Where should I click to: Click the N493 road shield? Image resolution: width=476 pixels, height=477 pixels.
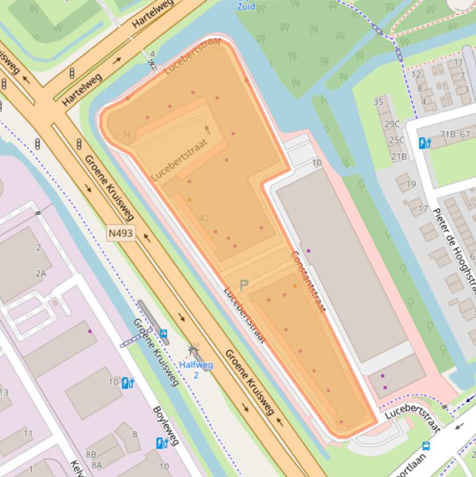click(121, 234)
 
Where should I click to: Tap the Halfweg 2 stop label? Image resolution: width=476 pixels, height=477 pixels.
click(196, 369)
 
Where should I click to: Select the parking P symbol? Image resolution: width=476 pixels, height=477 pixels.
click(244, 285)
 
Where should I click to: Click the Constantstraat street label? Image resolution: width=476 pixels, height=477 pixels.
click(308, 281)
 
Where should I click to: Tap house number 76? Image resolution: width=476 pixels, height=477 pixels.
click(128, 135)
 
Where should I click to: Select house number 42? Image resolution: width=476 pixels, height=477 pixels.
click(204, 218)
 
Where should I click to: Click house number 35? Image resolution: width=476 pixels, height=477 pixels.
click(378, 102)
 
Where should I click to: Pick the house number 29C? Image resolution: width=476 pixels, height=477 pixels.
click(392, 124)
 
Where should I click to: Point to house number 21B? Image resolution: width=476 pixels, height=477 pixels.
click(399, 156)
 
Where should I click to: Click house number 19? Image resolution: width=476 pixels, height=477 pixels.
click(410, 185)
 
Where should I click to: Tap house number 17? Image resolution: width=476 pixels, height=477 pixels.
click(423, 209)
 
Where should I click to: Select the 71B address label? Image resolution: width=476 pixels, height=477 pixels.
click(448, 134)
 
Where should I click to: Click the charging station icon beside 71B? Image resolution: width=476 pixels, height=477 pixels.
click(425, 143)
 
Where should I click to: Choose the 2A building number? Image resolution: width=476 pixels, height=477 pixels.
click(40, 273)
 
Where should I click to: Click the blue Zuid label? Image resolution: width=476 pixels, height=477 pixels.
click(246, 6)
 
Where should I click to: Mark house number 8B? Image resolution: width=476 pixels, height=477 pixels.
click(91, 455)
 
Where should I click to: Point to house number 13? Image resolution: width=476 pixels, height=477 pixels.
click(4, 392)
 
